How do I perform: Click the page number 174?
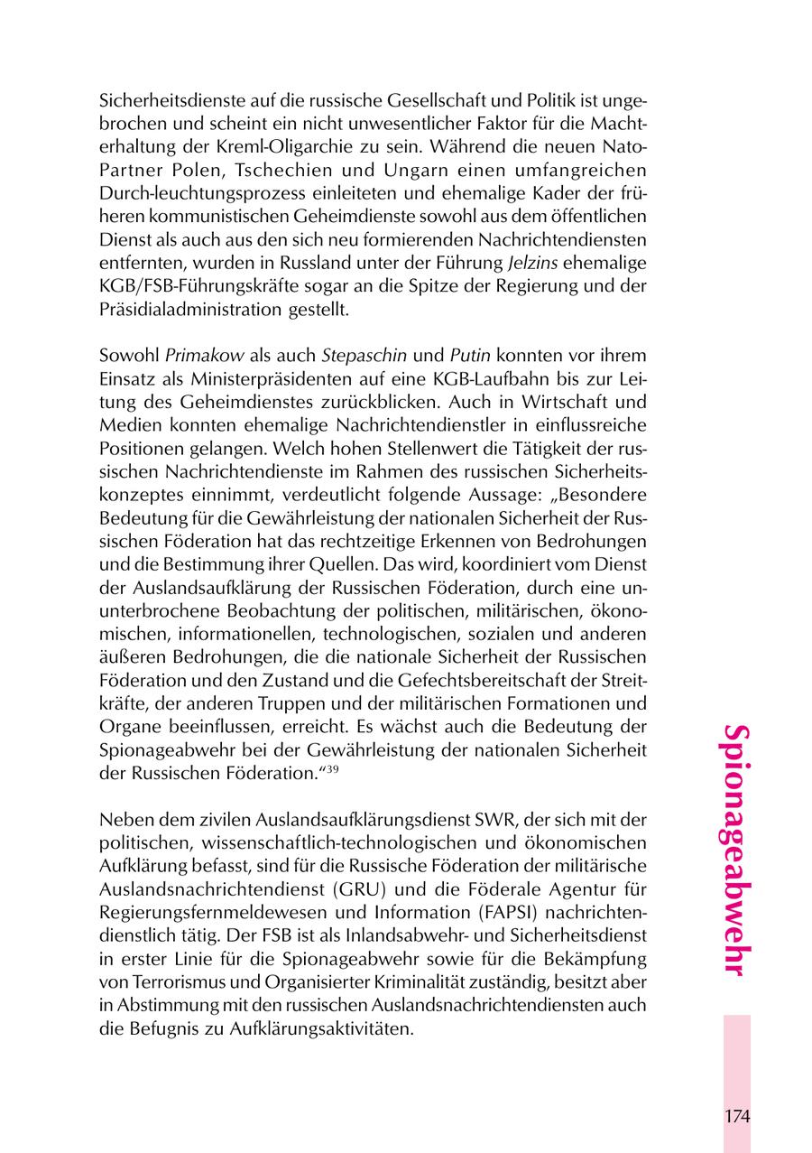pyautogui.click(x=736, y=1116)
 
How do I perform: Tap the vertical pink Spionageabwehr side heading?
pyautogui.click(x=736, y=850)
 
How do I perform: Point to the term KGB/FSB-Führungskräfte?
pyautogui.click(x=191, y=287)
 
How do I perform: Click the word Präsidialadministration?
pyautogui.click(x=198, y=308)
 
